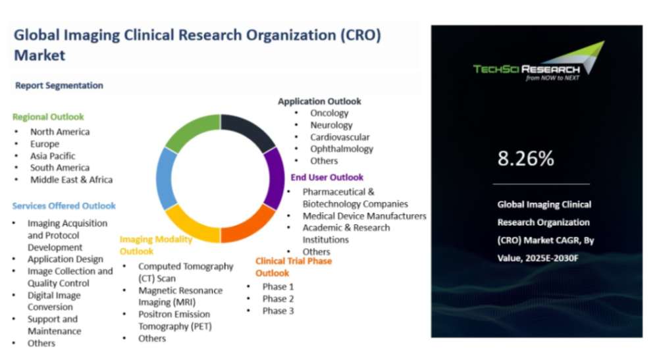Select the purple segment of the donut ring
coord(276,178)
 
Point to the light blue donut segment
coord(165,178)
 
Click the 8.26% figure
coord(525,159)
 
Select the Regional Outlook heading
coord(48,116)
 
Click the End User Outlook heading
coord(327,177)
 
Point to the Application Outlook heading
coord(319,101)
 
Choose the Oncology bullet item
coord(329,113)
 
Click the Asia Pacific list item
coord(53,156)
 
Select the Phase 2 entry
coord(278,299)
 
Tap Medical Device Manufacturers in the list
coord(365,216)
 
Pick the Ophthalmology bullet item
coord(342,149)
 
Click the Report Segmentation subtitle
coord(59,86)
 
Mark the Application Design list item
coord(65,259)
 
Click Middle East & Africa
coord(71,180)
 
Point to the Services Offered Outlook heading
coord(64,206)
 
